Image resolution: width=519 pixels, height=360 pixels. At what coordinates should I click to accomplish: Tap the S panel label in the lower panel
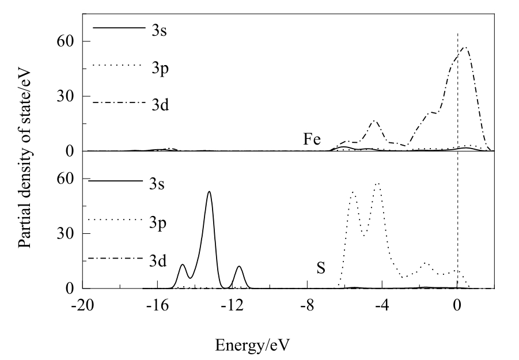pyautogui.click(x=322, y=267)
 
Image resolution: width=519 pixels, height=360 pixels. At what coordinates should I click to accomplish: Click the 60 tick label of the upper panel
pyautogui.click(x=65, y=41)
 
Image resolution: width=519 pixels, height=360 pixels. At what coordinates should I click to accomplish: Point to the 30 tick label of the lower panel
pyautogui.click(x=65, y=233)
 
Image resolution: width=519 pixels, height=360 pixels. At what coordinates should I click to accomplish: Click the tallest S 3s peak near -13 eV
pyautogui.click(x=209, y=192)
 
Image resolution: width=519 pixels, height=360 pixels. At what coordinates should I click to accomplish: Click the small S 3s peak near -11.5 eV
pyautogui.click(x=239, y=266)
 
